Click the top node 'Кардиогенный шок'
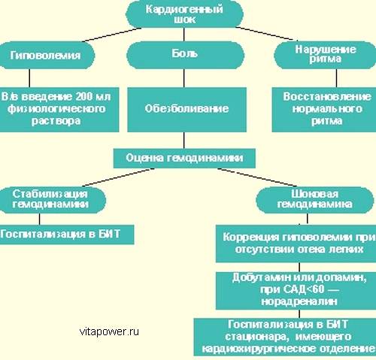coord(184,14)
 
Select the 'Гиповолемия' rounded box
coord(47,55)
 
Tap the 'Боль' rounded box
coord(185,55)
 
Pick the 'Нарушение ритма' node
coord(325,55)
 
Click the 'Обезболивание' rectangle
coord(186,110)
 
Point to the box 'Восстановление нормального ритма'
coord(324,110)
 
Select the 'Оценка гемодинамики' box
coord(184,158)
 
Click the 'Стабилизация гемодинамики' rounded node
coord(52,200)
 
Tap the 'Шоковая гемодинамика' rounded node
coord(314,200)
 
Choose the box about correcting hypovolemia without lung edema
coord(296,244)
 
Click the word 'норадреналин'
coord(299,301)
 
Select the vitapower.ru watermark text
coord(109,331)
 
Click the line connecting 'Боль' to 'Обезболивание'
coord(184,78)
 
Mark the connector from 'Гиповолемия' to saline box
coord(29,78)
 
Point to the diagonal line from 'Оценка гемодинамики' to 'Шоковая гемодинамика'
coord(257,177)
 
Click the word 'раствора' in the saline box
coord(56,121)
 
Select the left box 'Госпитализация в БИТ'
coord(67,234)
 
